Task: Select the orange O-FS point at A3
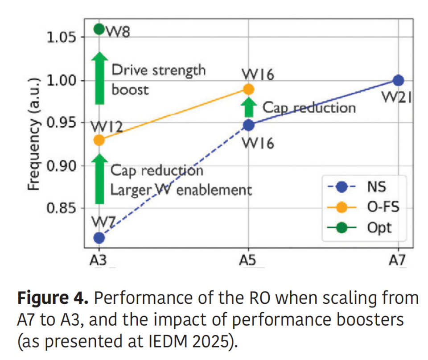99,140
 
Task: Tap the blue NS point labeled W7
99,237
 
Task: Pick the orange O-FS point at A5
248,89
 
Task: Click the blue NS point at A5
248,125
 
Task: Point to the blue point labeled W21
398,81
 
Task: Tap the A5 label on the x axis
248,261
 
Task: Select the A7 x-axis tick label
398,261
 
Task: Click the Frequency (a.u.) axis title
35,134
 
